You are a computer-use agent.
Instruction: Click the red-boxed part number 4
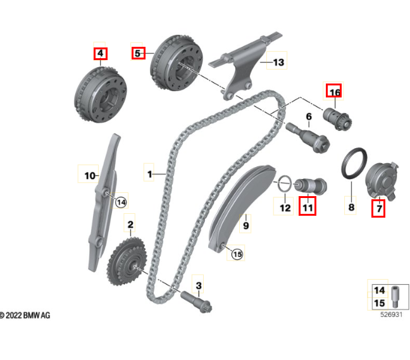(100, 53)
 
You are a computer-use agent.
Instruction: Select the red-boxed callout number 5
(139, 53)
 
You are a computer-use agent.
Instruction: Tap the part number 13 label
(278, 62)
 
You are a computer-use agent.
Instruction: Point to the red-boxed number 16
(333, 92)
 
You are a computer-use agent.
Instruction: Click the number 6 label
(309, 116)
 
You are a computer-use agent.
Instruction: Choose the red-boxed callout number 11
(307, 206)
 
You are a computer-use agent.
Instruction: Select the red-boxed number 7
(378, 208)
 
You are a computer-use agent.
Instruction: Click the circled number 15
(237, 254)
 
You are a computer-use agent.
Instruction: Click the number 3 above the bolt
(198, 286)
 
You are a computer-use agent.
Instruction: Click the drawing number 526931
(391, 314)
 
